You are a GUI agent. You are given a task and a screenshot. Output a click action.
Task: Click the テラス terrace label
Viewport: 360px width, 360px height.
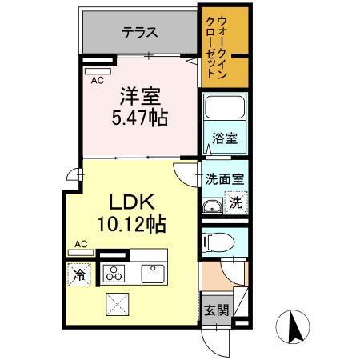139,33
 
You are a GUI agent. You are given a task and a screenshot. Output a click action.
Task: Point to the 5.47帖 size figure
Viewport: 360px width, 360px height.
139,118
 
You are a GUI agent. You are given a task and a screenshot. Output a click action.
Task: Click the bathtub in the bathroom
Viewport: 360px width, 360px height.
224,110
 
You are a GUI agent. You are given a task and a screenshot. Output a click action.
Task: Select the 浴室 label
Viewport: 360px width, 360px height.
223,138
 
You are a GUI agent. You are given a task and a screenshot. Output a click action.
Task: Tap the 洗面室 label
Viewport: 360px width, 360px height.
224,179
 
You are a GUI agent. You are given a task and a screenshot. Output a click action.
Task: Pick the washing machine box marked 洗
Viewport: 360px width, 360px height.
236,203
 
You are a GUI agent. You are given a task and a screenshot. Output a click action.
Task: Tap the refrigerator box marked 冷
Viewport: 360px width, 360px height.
80,274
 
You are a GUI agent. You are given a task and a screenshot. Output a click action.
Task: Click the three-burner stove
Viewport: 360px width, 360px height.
114,274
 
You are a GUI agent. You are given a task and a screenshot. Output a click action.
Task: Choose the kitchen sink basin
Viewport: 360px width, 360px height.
153,274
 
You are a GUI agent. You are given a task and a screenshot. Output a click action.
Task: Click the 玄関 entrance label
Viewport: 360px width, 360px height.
214,309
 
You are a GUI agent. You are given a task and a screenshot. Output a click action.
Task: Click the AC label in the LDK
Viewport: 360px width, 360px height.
81,243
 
